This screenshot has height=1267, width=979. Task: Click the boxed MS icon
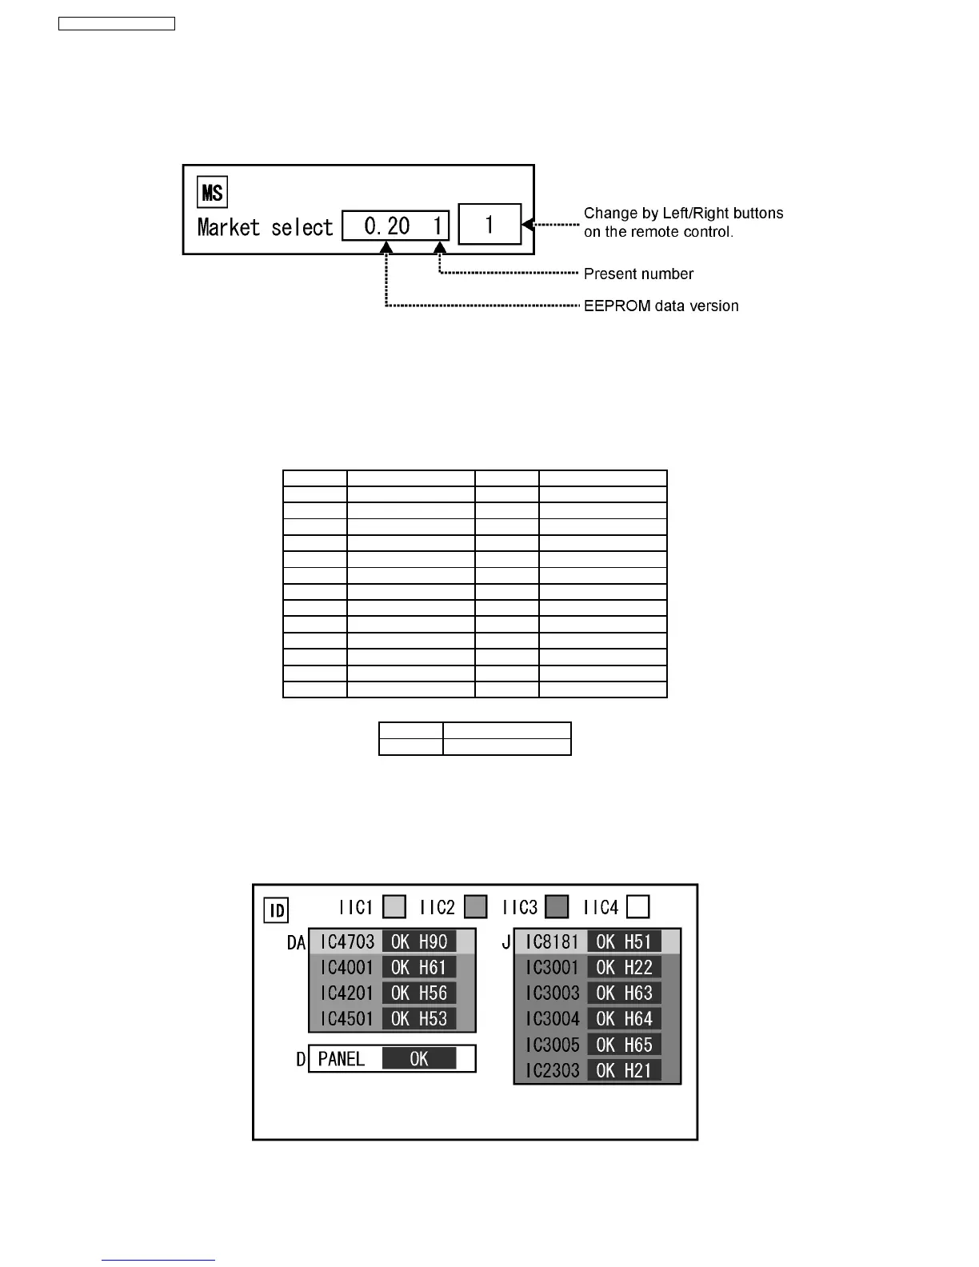coord(212,192)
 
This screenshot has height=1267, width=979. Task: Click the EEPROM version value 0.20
coord(387,226)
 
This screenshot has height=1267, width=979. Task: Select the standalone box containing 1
coord(489,225)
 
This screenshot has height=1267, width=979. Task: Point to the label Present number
coord(638,274)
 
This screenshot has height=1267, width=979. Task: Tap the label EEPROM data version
coord(661,306)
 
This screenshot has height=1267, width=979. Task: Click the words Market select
coord(265,228)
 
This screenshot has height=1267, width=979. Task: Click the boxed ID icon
coord(276,910)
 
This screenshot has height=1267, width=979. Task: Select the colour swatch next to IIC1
coord(394,907)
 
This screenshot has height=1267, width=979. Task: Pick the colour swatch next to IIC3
coord(557,907)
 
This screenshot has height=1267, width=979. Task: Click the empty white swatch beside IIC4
coord(637,907)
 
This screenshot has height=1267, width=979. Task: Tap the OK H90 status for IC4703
coord(419,941)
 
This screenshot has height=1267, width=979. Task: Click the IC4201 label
coord(346,993)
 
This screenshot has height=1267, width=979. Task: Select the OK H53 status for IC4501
coord(419,1018)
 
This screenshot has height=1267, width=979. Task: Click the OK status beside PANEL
coord(419,1059)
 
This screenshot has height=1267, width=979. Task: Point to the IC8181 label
coord(552,941)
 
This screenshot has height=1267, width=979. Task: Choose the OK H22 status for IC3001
coord(624,967)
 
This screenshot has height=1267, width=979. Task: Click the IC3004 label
coord(552,1018)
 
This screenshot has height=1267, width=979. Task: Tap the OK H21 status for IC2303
coord(624,1070)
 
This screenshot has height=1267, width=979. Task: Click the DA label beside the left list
coord(296,943)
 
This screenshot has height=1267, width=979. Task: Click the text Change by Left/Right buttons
coord(683,213)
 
